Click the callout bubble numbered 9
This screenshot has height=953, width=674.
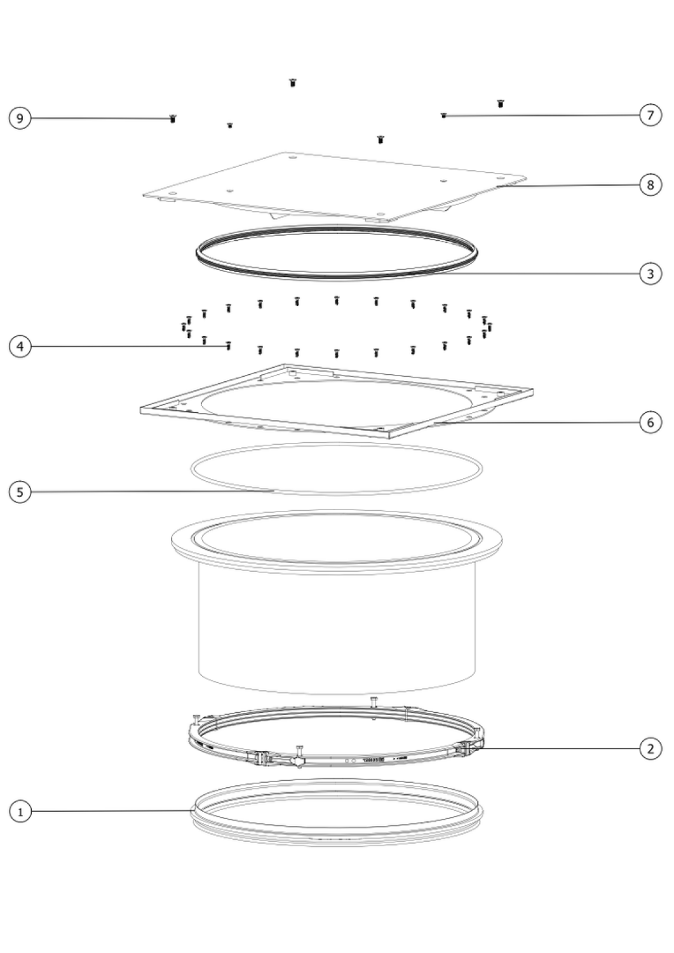[20, 118]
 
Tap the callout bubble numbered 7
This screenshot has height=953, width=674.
[650, 115]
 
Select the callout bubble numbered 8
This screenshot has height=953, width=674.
[650, 185]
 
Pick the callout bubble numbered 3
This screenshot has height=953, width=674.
[650, 274]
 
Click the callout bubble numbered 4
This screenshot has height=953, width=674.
[20, 347]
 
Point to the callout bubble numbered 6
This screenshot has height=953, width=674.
[650, 422]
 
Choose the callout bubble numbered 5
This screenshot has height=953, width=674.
[20, 492]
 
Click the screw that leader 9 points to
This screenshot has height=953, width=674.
[173, 119]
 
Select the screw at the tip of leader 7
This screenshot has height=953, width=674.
[444, 115]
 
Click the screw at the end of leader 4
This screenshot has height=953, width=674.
[229, 346]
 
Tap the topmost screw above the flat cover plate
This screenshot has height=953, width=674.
[293, 83]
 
